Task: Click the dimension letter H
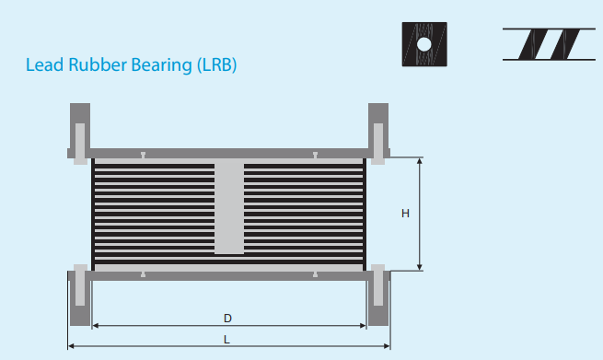pos(405,214)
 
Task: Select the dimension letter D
pos(227,319)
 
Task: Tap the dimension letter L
pos(226,340)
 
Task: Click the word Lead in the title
pos(44,64)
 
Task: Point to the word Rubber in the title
pos(98,64)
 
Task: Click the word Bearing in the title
pos(161,65)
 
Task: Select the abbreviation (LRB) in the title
pos(216,65)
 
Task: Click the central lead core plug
pos(229,208)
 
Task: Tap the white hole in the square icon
pos(424,44)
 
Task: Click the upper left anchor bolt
pos(80,144)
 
